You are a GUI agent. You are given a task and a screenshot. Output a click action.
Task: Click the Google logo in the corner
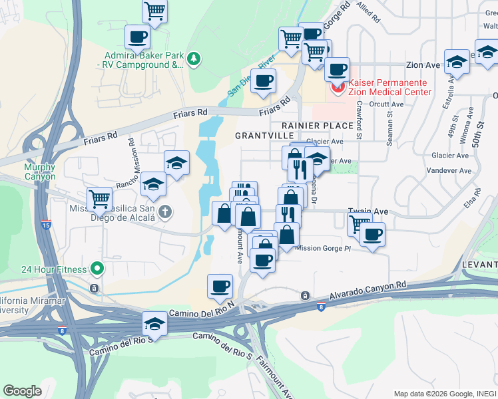[x=23, y=391]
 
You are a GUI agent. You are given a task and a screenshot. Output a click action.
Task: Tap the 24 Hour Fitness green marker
[x=98, y=269]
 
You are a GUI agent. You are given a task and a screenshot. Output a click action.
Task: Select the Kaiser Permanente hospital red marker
[x=338, y=87]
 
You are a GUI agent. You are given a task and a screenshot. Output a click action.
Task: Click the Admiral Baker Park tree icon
[x=194, y=60]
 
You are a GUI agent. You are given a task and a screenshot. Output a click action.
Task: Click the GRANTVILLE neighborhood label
[x=264, y=136]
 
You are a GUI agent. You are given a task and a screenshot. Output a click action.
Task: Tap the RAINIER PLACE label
[x=317, y=126]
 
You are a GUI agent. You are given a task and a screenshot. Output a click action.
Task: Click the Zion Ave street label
[x=424, y=65]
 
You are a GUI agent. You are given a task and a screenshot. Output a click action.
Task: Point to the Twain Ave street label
[x=368, y=211]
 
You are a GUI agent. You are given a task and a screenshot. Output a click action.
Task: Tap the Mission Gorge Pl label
[x=322, y=248]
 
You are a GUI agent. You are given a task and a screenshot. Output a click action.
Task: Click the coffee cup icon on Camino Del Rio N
[x=220, y=287]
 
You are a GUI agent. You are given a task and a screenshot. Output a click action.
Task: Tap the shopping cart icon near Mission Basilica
[x=99, y=198]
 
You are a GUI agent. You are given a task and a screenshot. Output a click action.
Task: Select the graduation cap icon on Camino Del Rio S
[x=154, y=324]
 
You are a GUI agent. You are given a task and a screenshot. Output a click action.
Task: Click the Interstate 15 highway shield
[x=45, y=226]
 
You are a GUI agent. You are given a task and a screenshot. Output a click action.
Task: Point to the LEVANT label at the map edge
[x=479, y=265]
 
